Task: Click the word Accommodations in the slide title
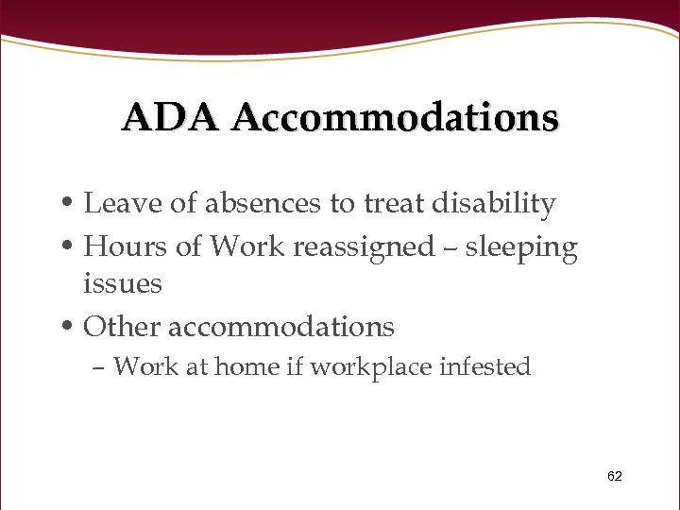coord(395,117)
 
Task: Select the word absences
coord(255,203)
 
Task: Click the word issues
coord(123,283)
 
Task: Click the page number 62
coord(615,477)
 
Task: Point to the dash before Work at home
coord(101,368)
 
